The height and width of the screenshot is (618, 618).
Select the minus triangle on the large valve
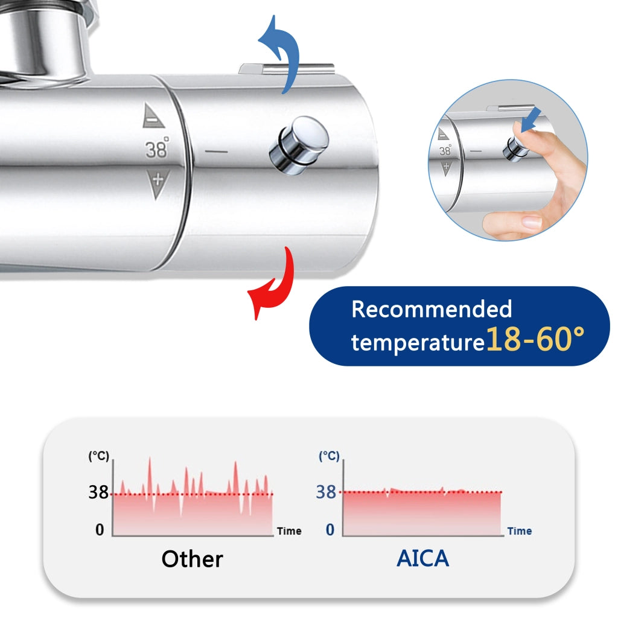[x=153, y=116]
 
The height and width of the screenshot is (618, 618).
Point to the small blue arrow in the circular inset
[x=531, y=119]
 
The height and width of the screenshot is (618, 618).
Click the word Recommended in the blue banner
[x=432, y=309]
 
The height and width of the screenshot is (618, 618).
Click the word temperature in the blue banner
[x=418, y=342]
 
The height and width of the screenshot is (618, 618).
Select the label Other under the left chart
[x=193, y=558]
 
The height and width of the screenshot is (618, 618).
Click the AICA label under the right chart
[x=422, y=558]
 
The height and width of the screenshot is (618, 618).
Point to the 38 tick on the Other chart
[x=98, y=492]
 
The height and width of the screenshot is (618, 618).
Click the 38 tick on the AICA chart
[x=327, y=492]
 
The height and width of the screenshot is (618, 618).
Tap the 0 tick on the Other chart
[x=100, y=529]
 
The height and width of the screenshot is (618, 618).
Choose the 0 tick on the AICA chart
[x=330, y=529]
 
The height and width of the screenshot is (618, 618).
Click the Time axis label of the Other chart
[x=289, y=531]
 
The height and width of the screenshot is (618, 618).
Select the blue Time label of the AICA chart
[x=520, y=531]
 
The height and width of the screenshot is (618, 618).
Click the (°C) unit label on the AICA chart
[x=329, y=456]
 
